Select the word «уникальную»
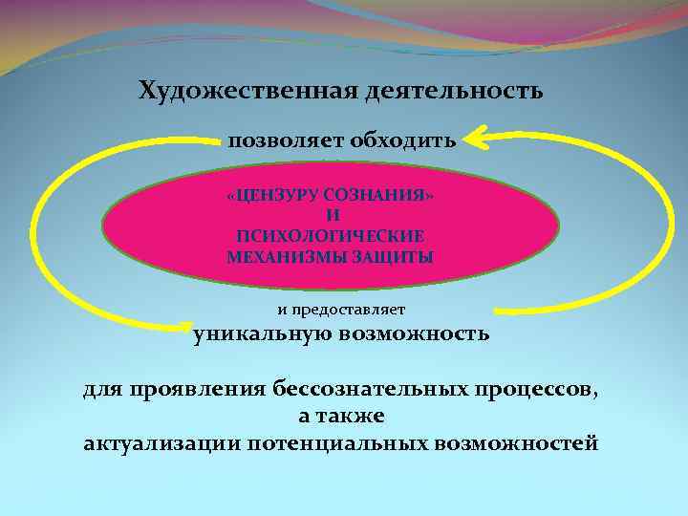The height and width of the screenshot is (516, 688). click(263, 334)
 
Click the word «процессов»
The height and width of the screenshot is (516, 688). click(534, 391)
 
